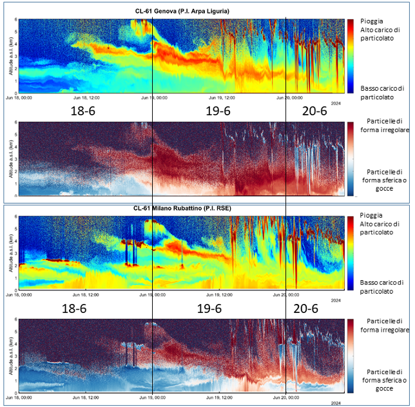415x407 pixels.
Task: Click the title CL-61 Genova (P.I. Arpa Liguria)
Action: point(182,11)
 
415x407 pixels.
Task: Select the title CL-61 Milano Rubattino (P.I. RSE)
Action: point(182,209)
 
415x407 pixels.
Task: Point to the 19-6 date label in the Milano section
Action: point(218,309)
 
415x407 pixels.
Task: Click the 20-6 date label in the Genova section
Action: point(314,111)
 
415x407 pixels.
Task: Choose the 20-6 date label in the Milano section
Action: point(314,309)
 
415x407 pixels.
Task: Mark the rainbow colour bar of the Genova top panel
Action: point(351,55)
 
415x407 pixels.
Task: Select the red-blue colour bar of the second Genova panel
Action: point(351,158)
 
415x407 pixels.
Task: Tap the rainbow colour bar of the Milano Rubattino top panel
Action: point(351,253)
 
